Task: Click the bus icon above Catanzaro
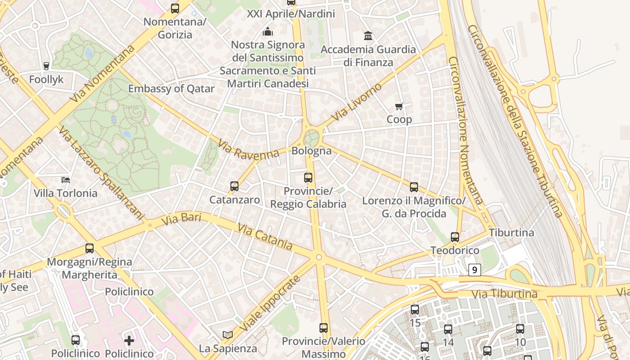(x=234, y=186)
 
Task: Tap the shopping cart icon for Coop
(x=399, y=107)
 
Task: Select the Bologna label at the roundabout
(x=311, y=151)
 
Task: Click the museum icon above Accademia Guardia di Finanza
(x=368, y=36)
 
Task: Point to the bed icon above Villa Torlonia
(x=66, y=180)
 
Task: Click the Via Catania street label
(x=265, y=238)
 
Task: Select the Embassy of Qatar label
(x=171, y=89)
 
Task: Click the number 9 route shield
(x=474, y=270)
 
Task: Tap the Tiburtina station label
(x=511, y=233)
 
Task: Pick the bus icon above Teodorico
(x=455, y=237)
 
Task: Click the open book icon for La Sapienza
(x=228, y=335)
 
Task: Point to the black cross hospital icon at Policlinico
(x=129, y=340)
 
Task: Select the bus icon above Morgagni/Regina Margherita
(x=90, y=248)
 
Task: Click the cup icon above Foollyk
(x=46, y=66)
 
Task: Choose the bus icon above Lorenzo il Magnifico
(x=414, y=187)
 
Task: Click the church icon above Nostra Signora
(x=268, y=31)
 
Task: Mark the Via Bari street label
(x=180, y=219)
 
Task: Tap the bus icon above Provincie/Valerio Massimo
(x=324, y=328)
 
